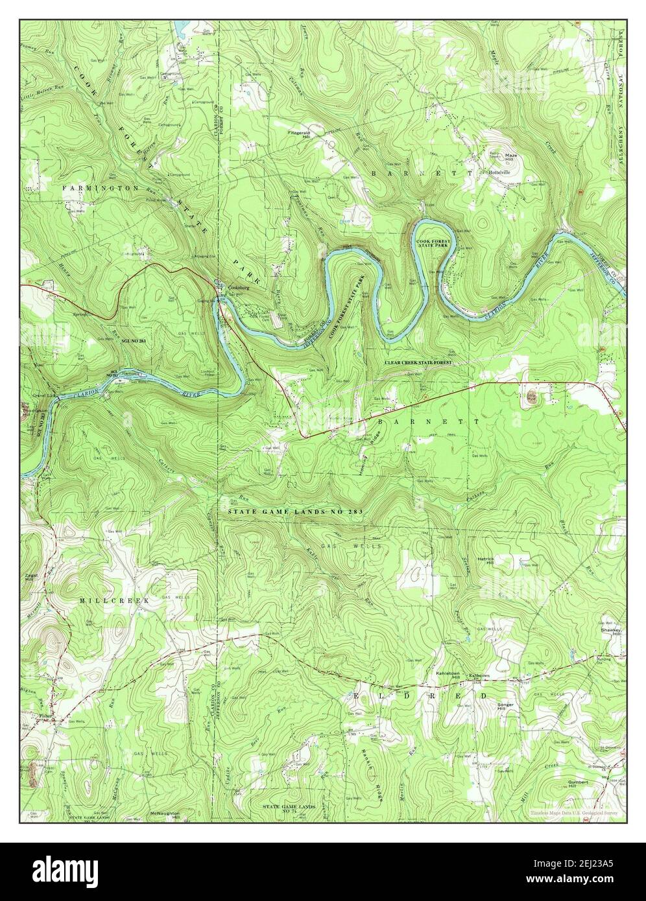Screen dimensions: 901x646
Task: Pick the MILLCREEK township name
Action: pyautogui.click(x=114, y=601)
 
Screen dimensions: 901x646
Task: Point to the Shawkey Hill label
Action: pyautogui.click(x=610, y=631)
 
